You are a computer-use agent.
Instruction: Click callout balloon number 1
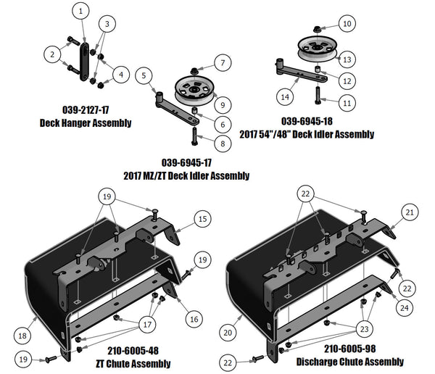point(80,12)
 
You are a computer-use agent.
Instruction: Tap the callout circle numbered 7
point(222,62)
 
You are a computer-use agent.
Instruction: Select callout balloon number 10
point(347,24)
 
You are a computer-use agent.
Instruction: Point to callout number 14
point(287,96)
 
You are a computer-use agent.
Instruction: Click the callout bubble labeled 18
point(24,334)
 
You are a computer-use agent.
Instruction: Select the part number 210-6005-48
point(127,350)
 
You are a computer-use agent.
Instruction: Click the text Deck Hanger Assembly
point(86,123)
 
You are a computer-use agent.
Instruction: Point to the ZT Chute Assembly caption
point(128,362)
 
